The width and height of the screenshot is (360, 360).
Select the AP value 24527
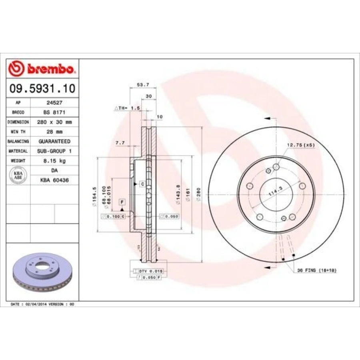pyautogui.click(x=54, y=102)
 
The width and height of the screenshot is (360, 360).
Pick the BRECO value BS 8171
pyautogui.click(x=54, y=112)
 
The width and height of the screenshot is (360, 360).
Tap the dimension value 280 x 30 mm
pyautogui.click(x=54, y=122)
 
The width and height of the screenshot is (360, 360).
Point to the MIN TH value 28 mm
pyautogui.click(x=54, y=132)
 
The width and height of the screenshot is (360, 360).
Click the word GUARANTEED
pyautogui.click(x=54, y=141)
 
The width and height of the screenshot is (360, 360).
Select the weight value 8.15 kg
pyautogui.click(x=54, y=161)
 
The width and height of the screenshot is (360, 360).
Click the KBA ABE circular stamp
pyautogui.click(x=18, y=175)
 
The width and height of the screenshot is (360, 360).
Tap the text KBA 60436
pyautogui.click(x=54, y=180)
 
